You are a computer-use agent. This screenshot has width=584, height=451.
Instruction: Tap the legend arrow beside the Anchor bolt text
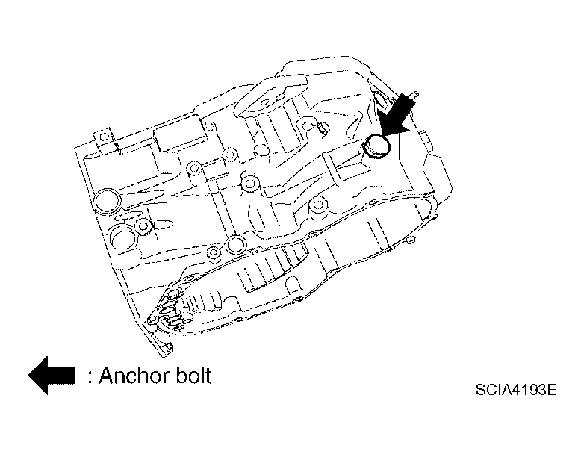[x=51, y=375]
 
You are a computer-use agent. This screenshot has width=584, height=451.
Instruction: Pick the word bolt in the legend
[x=193, y=375]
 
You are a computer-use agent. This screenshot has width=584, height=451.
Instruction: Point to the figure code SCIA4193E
[x=516, y=390]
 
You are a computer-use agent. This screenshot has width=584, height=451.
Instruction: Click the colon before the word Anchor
[x=90, y=377]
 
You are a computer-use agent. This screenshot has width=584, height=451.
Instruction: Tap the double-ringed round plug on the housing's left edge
[x=107, y=202]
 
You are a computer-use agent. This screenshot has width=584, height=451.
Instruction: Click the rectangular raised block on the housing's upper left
[x=180, y=133]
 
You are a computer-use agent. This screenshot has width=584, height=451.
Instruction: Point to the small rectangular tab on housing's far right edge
[x=424, y=137]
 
